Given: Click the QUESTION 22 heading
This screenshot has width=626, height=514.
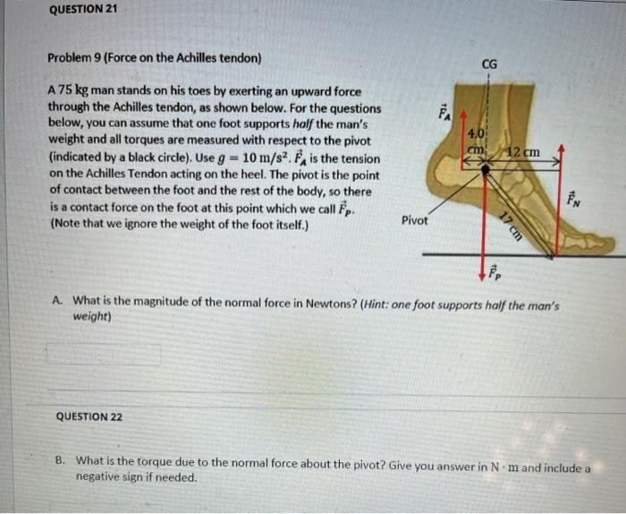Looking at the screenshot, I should pyautogui.click(x=89, y=417).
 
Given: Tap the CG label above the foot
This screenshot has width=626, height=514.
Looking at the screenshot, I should pyautogui.click(x=489, y=64).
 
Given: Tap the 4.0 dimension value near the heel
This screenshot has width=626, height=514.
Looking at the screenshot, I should pyautogui.click(x=477, y=134).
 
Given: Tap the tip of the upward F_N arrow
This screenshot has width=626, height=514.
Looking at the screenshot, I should pyautogui.click(x=560, y=143).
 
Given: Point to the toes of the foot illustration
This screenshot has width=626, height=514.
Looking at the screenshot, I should pyautogui.click(x=595, y=242).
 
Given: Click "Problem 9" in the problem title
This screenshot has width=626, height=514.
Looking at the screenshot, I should pyautogui.click(x=76, y=58).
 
